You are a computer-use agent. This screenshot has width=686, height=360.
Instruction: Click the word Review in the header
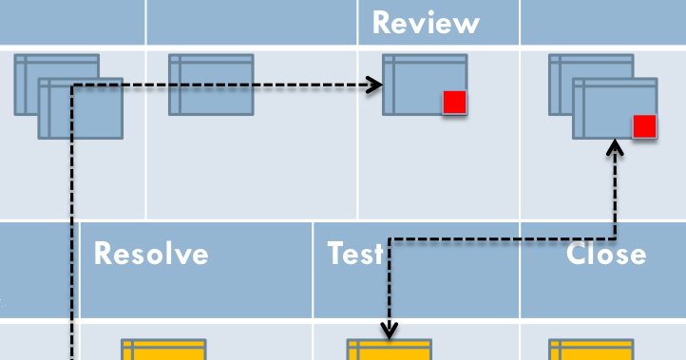[426, 23]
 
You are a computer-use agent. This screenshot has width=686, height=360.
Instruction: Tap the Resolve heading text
[151, 254]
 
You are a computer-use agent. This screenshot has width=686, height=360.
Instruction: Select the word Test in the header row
[355, 254]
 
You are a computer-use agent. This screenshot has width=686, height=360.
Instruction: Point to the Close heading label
[606, 254]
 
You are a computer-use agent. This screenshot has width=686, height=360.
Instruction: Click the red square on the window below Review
[454, 102]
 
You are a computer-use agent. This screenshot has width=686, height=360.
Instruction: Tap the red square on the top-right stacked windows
[644, 125]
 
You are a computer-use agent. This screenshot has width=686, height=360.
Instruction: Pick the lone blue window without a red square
[211, 85]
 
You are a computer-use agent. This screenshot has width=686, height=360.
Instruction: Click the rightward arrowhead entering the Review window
[376, 85]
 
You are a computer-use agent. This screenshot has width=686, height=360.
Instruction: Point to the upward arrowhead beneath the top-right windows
[616, 146]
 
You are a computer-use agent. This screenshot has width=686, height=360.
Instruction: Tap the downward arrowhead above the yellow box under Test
[389, 331]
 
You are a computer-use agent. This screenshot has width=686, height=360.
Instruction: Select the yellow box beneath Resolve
[163, 350]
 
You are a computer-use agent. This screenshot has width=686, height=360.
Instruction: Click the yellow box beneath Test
[389, 350]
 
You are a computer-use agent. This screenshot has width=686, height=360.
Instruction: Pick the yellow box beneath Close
[590, 350]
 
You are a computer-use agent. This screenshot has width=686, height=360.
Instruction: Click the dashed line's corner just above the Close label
[616, 238]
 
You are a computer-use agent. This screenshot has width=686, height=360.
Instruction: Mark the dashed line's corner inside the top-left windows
[71, 86]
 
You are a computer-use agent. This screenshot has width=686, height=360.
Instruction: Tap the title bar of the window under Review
[425, 59]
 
